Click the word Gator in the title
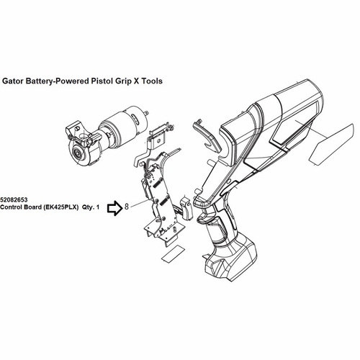pyautogui.click(x=12, y=81)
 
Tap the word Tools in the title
pyautogui.click(x=151, y=81)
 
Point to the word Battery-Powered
pyautogui.click(x=58, y=81)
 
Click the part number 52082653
pyautogui.click(x=14, y=199)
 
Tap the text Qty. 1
pyautogui.click(x=91, y=207)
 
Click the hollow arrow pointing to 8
pyautogui.click(x=115, y=208)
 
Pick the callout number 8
pyautogui.click(x=127, y=207)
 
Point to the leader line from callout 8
pyautogui.click(x=140, y=202)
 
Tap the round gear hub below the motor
pyautogui.click(x=78, y=154)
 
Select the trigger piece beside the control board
pyautogui.click(x=186, y=208)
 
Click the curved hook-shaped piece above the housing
pyautogui.click(x=207, y=137)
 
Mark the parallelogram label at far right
pyautogui.click(x=331, y=145)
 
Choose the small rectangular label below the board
pyautogui.click(x=174, y=254)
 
